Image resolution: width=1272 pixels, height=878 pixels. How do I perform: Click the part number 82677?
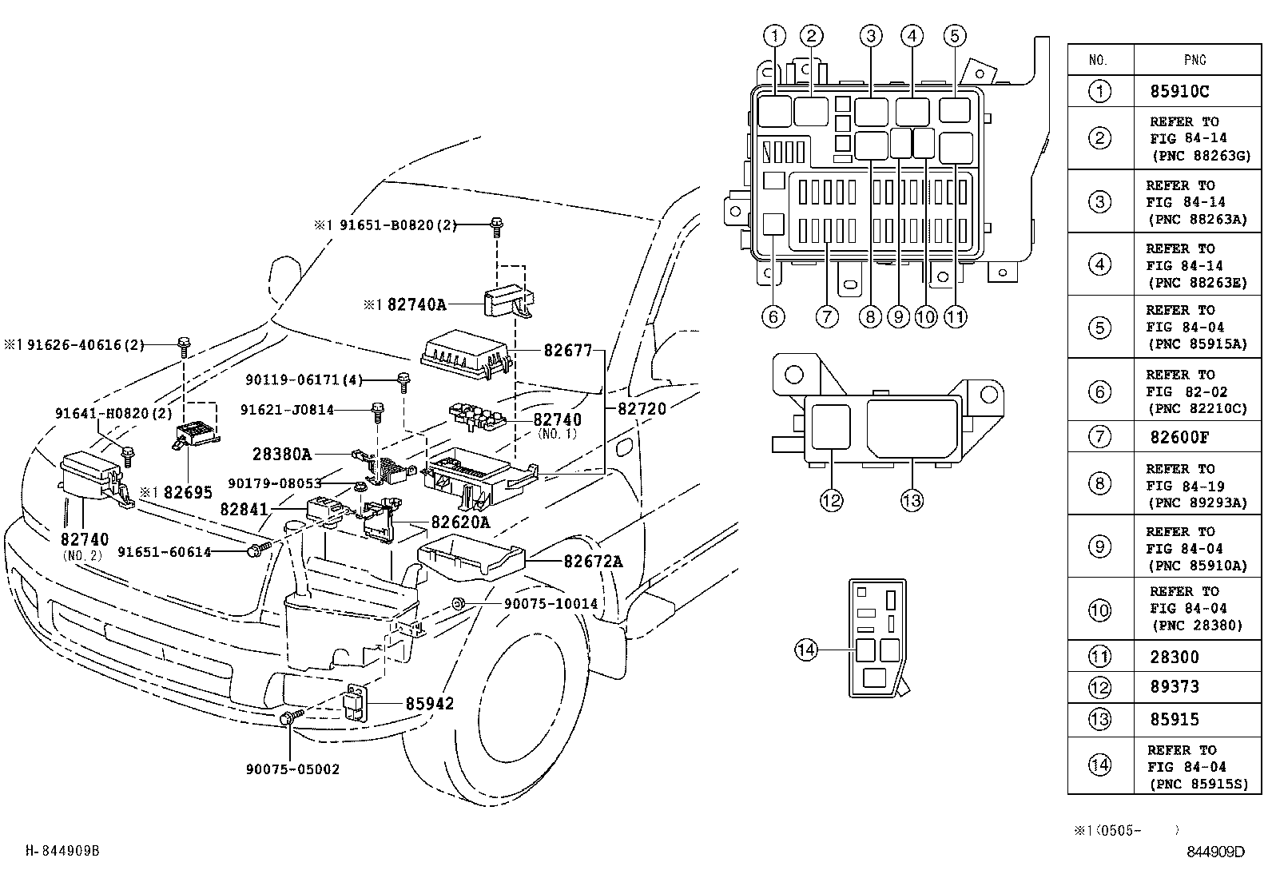(x=567, y=351)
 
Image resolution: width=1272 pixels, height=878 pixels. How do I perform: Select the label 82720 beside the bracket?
(x=642, y=409)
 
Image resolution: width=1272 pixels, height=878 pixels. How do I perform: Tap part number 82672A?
(x=593, y=562)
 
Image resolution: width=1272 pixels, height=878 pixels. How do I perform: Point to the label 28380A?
(x=282, y=455)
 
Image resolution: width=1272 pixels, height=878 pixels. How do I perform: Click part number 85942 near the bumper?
(x=429, y=704)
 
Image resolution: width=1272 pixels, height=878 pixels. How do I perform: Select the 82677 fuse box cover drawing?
(x=466, y=355)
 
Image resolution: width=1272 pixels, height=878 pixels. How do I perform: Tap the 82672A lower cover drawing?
(x=470, y=557)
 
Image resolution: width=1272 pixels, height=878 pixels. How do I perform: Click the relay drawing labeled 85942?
(x=356, y=702)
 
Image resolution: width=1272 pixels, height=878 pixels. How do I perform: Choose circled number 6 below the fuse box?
(x=773, y=317)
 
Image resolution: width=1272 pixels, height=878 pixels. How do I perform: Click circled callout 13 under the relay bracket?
(x=912, y=500)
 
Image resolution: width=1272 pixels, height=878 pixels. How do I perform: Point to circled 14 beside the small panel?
(x=806, y=650)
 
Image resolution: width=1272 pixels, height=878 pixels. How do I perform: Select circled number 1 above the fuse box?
(x=774, y=36)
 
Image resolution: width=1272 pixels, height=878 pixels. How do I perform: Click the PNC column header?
(x=1194, y=60)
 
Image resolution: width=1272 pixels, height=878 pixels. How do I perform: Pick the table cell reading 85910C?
(x=1179, y=91)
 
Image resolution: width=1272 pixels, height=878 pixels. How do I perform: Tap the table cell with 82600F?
(x=1179, y=437)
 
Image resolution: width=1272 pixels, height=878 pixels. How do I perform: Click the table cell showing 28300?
(x=1175, y=657)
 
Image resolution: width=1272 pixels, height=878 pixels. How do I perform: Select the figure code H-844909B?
(x=62, y=851)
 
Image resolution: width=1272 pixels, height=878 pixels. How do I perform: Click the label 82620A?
(x=460, y=522)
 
